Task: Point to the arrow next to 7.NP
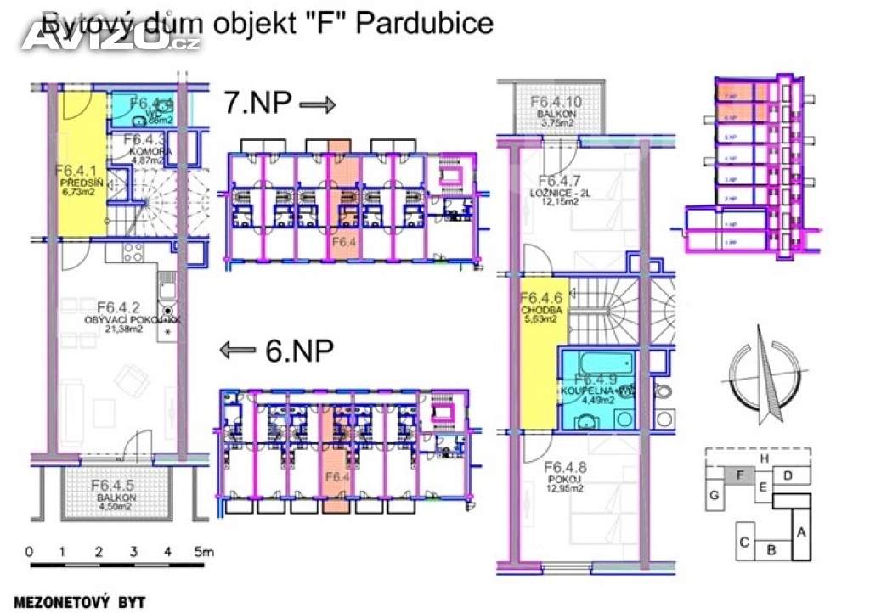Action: (x=319, y=104)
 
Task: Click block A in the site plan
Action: (x=799, y=532)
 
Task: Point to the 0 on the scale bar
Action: (x=29, y=552)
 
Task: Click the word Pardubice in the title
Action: (x=424, y=22)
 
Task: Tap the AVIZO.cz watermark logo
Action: (x=110, y=36)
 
